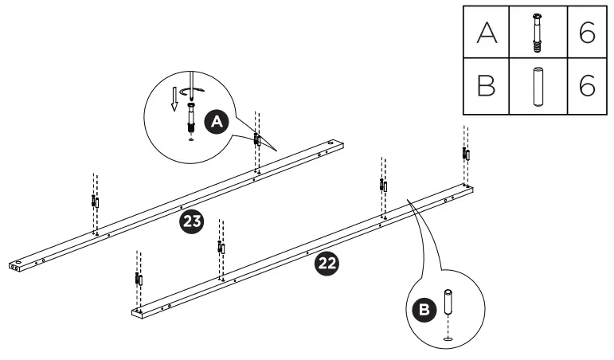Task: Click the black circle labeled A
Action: pos(215,122)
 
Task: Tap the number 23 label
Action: pos(191,221)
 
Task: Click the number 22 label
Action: pos(327,264)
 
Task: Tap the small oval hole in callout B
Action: pos(448,338)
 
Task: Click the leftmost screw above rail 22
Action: pos(139,280)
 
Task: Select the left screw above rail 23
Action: pos(95,202)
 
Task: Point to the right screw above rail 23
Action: pos(256,140)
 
